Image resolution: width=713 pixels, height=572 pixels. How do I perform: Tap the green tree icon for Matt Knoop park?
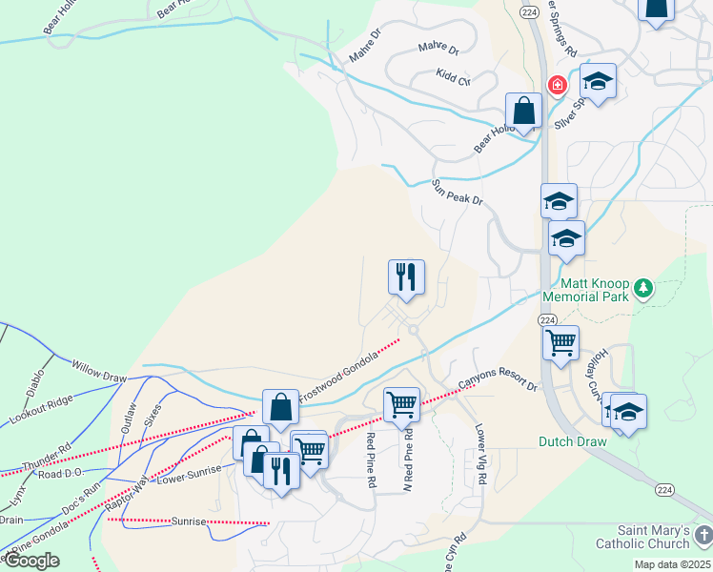point(643,287)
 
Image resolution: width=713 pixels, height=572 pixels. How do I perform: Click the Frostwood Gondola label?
point(338,376)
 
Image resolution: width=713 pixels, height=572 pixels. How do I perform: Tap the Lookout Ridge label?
point(41,409)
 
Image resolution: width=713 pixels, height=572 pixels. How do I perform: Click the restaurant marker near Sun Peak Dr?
point(406,277)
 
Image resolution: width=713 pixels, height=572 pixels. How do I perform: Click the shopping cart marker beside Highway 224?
point(560,341)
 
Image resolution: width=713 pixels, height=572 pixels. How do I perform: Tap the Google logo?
point(31,561)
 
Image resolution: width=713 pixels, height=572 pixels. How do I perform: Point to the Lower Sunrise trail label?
point(190,472)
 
